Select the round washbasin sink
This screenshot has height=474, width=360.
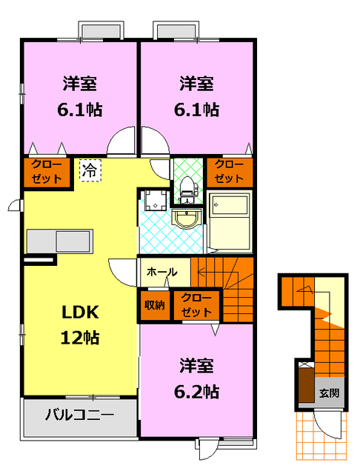pos(186,218)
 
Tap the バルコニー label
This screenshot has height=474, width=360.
pos(80,414)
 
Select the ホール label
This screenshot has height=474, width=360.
pos(161,272)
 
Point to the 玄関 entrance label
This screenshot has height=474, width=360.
pos(330,393)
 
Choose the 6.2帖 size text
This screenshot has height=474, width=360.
pos(198,390)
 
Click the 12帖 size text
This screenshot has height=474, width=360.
pos(80,338)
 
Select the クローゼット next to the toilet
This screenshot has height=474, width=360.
pos(229,172)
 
